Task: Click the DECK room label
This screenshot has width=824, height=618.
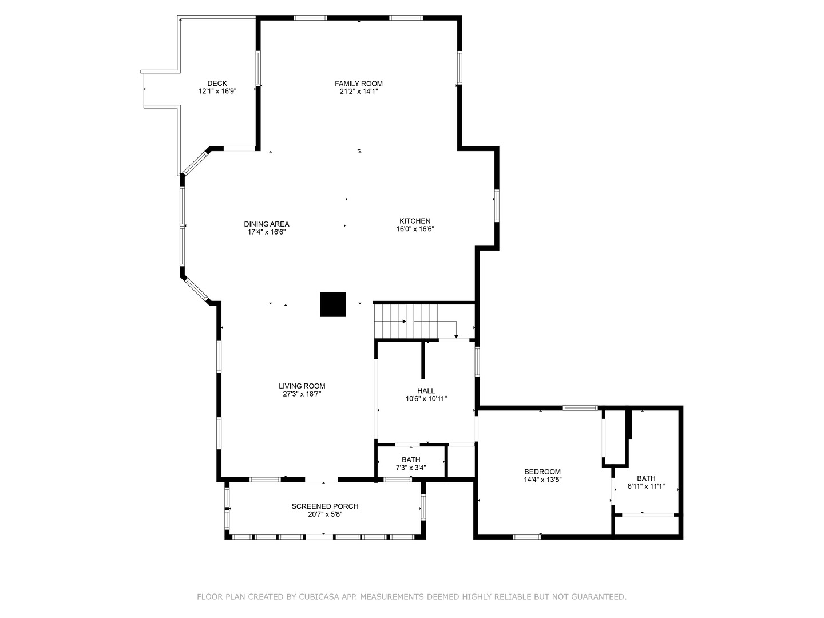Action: click(217, 84)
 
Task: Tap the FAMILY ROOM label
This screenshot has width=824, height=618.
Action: click(359, 84)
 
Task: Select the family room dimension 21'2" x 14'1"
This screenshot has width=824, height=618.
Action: click(359, 91)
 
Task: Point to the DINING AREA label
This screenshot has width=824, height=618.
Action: click(266, 224)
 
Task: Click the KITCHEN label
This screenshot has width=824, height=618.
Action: click(415, 221)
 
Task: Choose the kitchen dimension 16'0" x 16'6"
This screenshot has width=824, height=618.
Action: click(415, 229)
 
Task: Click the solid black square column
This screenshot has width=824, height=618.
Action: click(332, 304)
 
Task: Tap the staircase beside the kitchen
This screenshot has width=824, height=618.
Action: click(406, 321)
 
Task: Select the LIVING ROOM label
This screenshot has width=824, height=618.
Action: click(302, 386)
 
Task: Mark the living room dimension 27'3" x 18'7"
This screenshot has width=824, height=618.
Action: click(302, 394)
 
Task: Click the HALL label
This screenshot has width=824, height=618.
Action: click(426, 391)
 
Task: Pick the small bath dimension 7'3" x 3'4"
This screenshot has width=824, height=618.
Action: click(411, 468)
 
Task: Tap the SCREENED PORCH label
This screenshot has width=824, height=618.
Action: click(325, 506)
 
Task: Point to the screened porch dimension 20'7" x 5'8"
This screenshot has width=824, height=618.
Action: click(325, 514)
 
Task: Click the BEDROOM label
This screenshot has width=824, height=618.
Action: click(542, 472)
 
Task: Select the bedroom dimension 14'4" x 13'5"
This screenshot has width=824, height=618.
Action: click(542, 480)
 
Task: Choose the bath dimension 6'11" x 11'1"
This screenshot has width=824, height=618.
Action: click(646, 486)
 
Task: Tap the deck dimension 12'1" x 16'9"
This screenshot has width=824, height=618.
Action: click(217, 91)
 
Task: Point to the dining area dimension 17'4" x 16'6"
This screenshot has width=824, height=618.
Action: click(266, 232)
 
